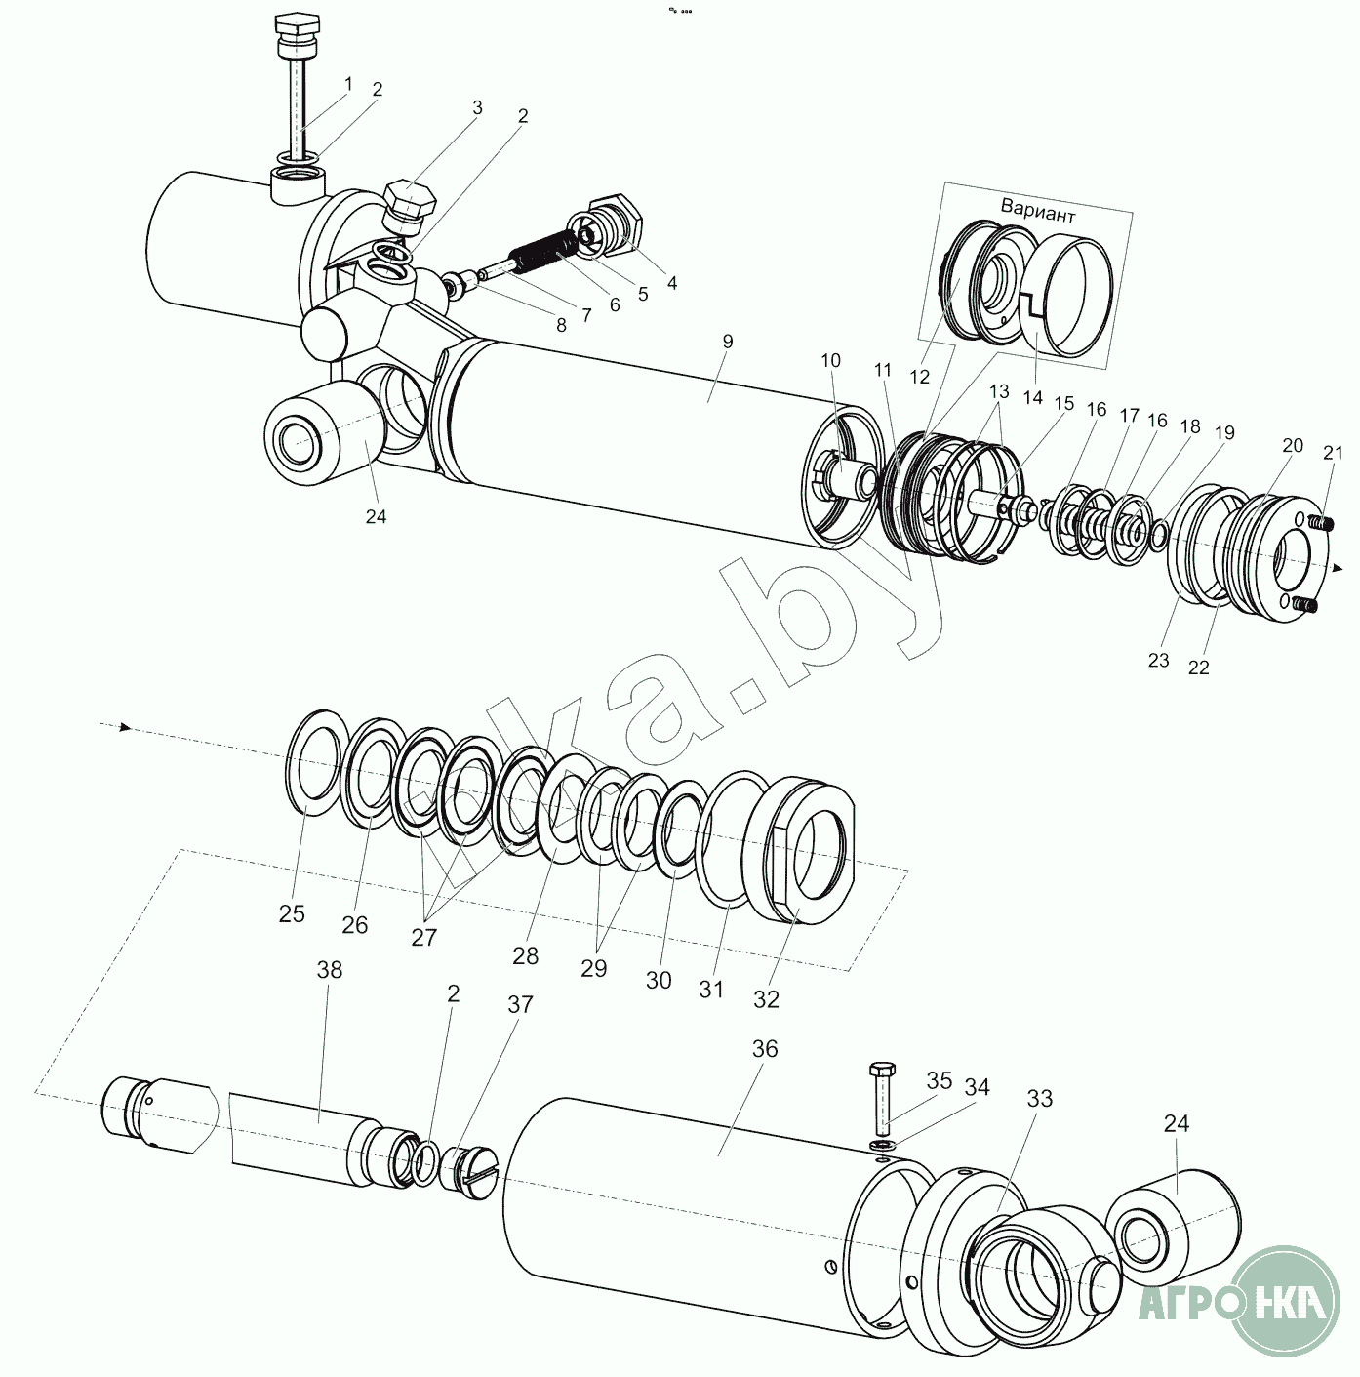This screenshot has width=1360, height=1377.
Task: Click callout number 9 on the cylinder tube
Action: point(726,343)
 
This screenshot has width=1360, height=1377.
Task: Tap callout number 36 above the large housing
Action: point(765,1049)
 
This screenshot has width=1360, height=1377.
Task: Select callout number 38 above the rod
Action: point(330,971)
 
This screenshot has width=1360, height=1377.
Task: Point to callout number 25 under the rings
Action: point(292,913)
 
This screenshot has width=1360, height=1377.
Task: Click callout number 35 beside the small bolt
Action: point(940,1080)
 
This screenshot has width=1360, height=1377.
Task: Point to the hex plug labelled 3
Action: point(409,202)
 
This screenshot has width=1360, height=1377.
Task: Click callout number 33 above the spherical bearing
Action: point(1040,1098)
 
